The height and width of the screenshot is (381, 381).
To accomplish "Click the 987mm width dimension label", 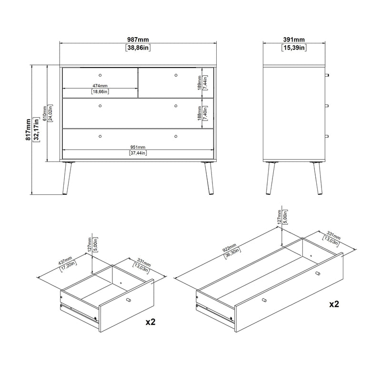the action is point(138,40).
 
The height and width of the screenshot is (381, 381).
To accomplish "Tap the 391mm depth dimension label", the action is point(294,40).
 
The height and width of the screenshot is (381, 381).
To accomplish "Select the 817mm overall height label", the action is point(29,130).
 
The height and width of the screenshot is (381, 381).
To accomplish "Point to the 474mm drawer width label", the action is point(100,86).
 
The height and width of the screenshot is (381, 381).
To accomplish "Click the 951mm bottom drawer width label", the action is point(138,147).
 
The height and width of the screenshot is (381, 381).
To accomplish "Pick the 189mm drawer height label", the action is point(200,82).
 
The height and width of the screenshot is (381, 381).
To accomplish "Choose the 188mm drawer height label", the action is point(200,113).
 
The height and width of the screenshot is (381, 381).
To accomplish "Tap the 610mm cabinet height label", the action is point(45,113).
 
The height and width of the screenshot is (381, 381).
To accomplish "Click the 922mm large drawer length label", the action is point(230,248).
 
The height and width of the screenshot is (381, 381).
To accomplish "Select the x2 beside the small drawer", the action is point(150,322).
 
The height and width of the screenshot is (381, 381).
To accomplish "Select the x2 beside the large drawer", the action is point(334,304).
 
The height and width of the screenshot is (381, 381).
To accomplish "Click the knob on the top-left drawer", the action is point(100,75).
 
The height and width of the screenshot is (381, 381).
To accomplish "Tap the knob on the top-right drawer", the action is point(176,75).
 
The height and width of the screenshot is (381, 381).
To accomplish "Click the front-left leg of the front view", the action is point(67,178).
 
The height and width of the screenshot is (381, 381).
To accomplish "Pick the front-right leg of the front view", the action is point(209,178).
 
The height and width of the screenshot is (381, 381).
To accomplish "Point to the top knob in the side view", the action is point(327,75).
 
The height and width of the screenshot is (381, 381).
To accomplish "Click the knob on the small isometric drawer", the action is point(129,300).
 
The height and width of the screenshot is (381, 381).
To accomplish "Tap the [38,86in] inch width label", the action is point(138,48).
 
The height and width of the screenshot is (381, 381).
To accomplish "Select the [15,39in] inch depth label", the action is point(294,48).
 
